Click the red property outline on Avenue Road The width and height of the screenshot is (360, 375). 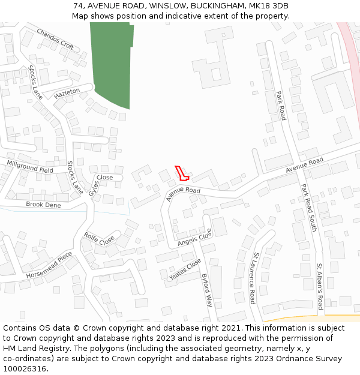tap(182, 173)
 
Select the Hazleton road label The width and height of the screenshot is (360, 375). tap(67, 94)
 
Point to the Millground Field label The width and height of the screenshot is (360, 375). tap(30, 166)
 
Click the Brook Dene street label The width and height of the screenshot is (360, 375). tap(43, 205)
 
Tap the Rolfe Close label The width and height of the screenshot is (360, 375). tap(99, 238)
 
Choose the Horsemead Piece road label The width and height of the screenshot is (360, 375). tap(49, 266)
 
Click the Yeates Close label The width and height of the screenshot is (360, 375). tap(185, 269)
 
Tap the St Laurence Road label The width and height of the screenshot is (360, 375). tap(254, 278)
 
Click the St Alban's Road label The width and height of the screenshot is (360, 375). tap(320, 286)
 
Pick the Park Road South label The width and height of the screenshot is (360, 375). tap(308, 208)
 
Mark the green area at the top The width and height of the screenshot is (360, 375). tap(110, 63)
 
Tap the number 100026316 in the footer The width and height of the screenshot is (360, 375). tap(25, 368)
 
